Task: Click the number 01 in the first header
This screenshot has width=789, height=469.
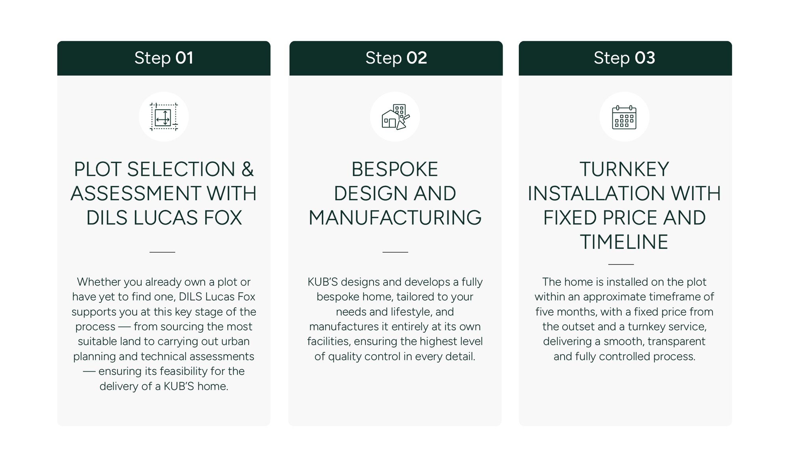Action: [184, 58]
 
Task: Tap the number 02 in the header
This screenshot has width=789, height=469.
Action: [417, 58]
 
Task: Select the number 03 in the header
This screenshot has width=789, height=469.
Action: [645, 58]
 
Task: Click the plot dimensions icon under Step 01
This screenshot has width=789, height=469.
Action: [164, 117]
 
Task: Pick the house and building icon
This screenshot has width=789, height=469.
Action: [395, 117]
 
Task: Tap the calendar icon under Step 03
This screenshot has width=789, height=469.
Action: [624, 117]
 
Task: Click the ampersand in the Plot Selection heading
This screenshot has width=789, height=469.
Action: [247, 169]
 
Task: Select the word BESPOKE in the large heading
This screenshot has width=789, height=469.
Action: [395, 169]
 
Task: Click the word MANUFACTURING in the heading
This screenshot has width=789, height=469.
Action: [395, 218]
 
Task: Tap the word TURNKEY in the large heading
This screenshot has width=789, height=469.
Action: [624, 169]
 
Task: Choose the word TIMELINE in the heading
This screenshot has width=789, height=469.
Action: [624, 242]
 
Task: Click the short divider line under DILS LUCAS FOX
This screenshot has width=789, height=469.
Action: [162, 252]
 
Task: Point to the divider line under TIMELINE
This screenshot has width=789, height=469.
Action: [621, 264]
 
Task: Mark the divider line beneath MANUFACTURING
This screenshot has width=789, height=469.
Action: [395, 252]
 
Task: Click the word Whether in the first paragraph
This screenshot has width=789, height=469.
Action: [99, 282]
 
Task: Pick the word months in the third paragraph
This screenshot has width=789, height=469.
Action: [578, 312]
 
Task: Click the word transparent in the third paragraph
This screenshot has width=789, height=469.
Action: [677, 341]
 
